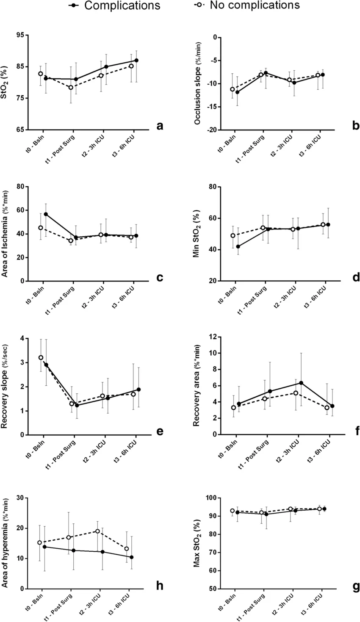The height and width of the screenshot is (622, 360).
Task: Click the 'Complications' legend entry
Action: pyautogui.click(x=122, y=6)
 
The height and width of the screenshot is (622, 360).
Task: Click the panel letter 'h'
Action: pyautogui.click(x=160, y=585)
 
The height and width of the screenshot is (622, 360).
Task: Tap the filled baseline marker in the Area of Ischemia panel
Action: pyautogui.click(x=46, y=214)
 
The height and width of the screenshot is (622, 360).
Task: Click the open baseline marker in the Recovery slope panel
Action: pyautogui.click(x=41, y=357)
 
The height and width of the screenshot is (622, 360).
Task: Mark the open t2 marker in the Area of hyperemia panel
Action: pyautogui.click(x=97, y=531)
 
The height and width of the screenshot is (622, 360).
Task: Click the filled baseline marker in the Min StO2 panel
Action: pyautogui.click(x=238, y=246)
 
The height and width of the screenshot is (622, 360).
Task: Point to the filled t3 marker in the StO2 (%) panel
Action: pyautogui.click(x=136, y=60)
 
